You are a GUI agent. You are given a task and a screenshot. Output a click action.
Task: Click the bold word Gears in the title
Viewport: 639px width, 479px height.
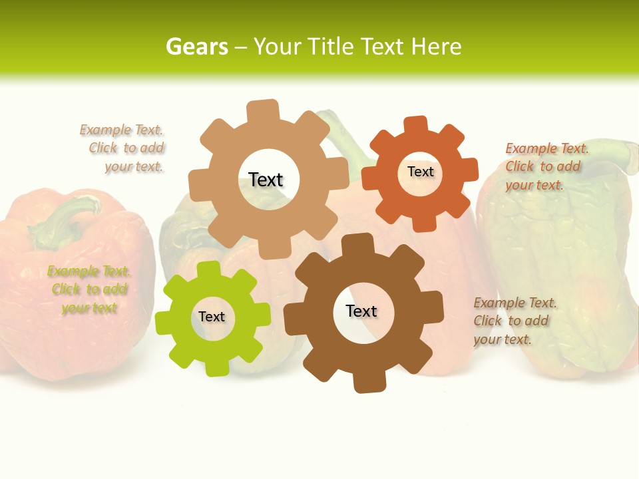pos(196,47)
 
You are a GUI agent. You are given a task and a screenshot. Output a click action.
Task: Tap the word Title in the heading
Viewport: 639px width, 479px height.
pos(330,47)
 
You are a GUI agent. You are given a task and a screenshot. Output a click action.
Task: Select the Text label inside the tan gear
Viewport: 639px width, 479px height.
pos(266,180)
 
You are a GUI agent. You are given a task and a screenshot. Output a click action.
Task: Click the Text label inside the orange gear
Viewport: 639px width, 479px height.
pos(420,172)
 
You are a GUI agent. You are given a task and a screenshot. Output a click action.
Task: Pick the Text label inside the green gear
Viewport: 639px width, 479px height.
pos(212,317)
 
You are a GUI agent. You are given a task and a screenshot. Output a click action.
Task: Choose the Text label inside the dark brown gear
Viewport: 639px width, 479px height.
pos(361,311)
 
